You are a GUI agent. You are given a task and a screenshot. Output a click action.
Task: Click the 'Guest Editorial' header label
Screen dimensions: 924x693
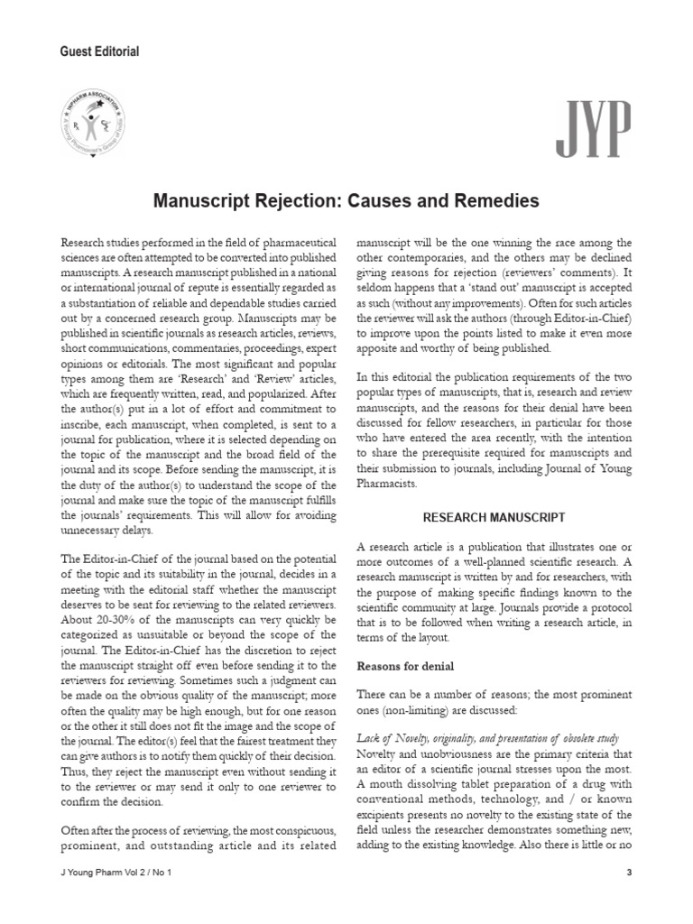pos(98,51)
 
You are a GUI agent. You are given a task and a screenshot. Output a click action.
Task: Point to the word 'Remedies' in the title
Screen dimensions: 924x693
pos(496,200)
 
